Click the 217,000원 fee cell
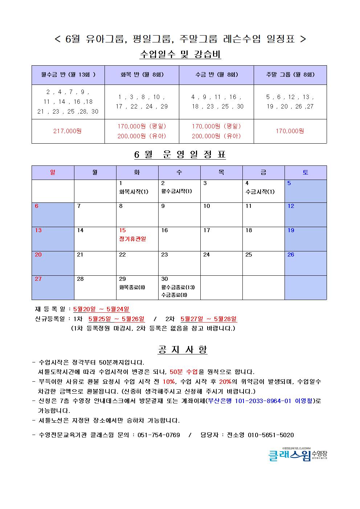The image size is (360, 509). tap(67, 131)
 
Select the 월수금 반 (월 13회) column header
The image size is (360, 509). tap(68, 75)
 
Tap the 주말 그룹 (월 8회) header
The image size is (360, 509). tap(290, 75)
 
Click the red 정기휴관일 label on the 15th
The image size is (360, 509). tap(132, 239)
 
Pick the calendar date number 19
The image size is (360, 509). tap(291, 230)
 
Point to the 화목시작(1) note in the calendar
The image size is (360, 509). tap(134, 192)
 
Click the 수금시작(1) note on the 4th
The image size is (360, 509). tap(260, 192)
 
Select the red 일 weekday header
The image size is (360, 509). tap(53, 173)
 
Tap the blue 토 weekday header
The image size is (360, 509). tap(305, 173)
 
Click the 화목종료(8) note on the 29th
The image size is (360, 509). tap(132, 287)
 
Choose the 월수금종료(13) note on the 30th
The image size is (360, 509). tap(178, 287)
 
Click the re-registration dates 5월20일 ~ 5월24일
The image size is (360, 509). tap(101, 309)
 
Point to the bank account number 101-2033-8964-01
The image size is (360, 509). tap(263, 401)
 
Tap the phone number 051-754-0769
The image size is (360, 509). tap(159, 435)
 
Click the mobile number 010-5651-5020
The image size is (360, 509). tap(271, 435)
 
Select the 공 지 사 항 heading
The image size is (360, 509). tap(183, 350)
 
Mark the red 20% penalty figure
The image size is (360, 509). tap(225, 382)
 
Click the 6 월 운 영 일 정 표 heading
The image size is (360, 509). tap(180, 155)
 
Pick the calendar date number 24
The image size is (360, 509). tap(206, 255)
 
